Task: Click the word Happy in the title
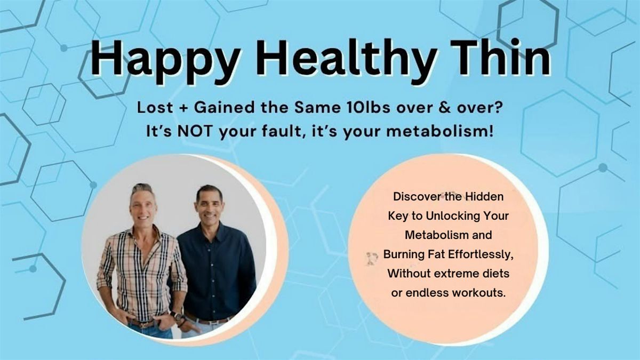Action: click(x=165, y=61)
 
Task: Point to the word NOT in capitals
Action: click(x=195, y=132)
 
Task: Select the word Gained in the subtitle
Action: click(x=224, y=108)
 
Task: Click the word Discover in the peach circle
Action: click(x=416, y=197)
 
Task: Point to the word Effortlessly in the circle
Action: click(x=480, y=254)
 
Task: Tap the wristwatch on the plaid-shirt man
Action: click(x=177, y=315)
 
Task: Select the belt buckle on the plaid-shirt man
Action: click(x=143, y=324)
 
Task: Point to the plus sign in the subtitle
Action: click(x=183, y=108)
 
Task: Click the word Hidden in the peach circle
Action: click(x=485, y=197)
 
